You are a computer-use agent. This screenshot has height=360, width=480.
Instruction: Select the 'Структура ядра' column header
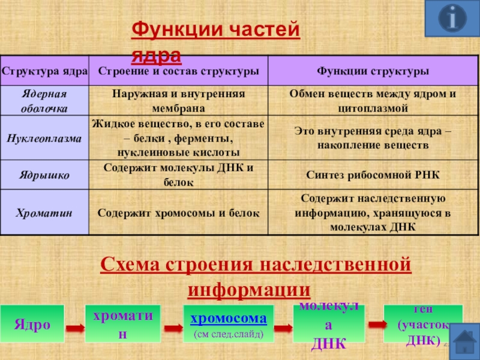(44, 71)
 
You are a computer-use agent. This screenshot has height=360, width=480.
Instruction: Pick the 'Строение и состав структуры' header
(178, 71)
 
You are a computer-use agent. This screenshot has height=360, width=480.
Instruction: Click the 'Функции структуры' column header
(373, 71)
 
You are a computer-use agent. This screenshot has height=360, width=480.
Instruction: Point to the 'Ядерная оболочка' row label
(44, 101)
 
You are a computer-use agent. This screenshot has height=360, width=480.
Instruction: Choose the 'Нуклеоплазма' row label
(44, 137)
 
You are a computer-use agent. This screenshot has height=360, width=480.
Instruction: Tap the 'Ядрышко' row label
(44, 175)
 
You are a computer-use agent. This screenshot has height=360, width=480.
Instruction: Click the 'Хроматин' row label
(44, 212)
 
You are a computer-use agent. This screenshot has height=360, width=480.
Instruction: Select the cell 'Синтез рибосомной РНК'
(373, 175)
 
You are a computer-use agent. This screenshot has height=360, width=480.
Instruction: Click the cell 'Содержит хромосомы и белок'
(178, 212)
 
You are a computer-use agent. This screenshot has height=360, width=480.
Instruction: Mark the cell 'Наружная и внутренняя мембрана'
(178, 101)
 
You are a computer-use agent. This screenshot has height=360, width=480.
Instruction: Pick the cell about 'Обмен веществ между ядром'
(373, 101)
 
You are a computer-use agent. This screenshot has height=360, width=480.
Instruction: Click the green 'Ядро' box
(32, 326)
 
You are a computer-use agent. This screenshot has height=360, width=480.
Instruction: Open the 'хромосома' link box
(228, 318)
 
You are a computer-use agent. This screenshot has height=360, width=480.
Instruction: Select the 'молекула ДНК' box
(329, 326)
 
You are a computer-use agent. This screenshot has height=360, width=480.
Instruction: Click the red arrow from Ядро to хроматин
(74, 329)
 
